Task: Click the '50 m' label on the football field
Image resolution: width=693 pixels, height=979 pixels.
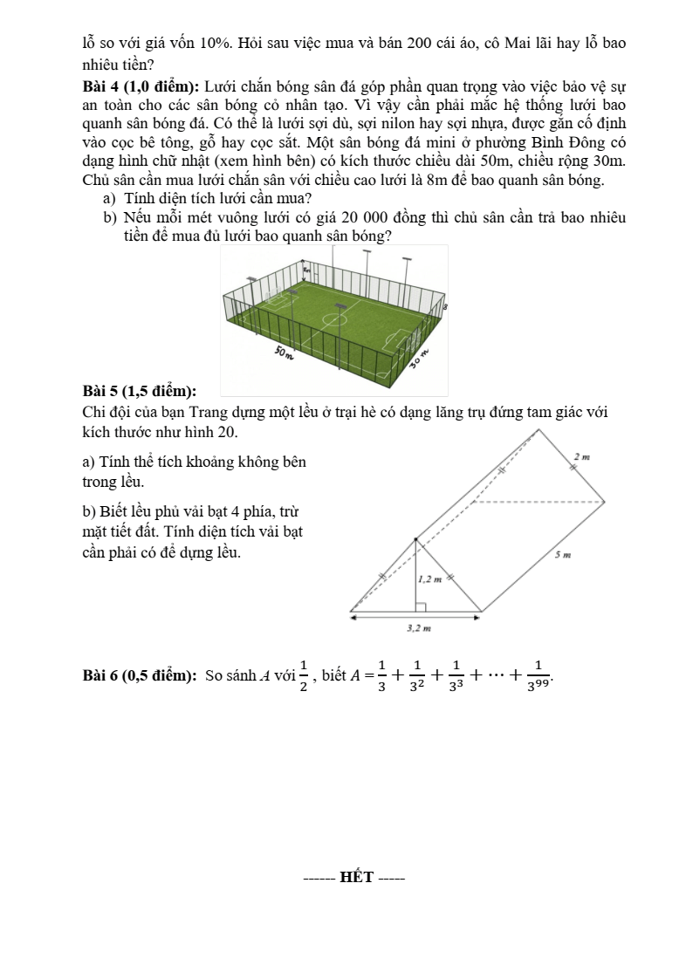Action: click(x=284, y=353)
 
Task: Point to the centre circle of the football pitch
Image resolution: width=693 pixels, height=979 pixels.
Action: click(x=333, y=319)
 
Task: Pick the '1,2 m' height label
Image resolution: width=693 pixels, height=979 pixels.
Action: click(x=430, y=578)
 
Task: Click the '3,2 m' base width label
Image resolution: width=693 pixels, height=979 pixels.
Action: click(x=420, y=627)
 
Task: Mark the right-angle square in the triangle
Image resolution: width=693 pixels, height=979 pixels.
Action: click(x=420, y=606)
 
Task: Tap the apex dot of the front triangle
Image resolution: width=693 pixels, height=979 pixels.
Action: click(x=415, y=538)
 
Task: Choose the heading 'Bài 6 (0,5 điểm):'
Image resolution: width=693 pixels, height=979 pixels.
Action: click(x=139, y=674)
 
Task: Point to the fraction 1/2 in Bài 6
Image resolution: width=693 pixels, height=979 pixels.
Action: click(x=303, y=674)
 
